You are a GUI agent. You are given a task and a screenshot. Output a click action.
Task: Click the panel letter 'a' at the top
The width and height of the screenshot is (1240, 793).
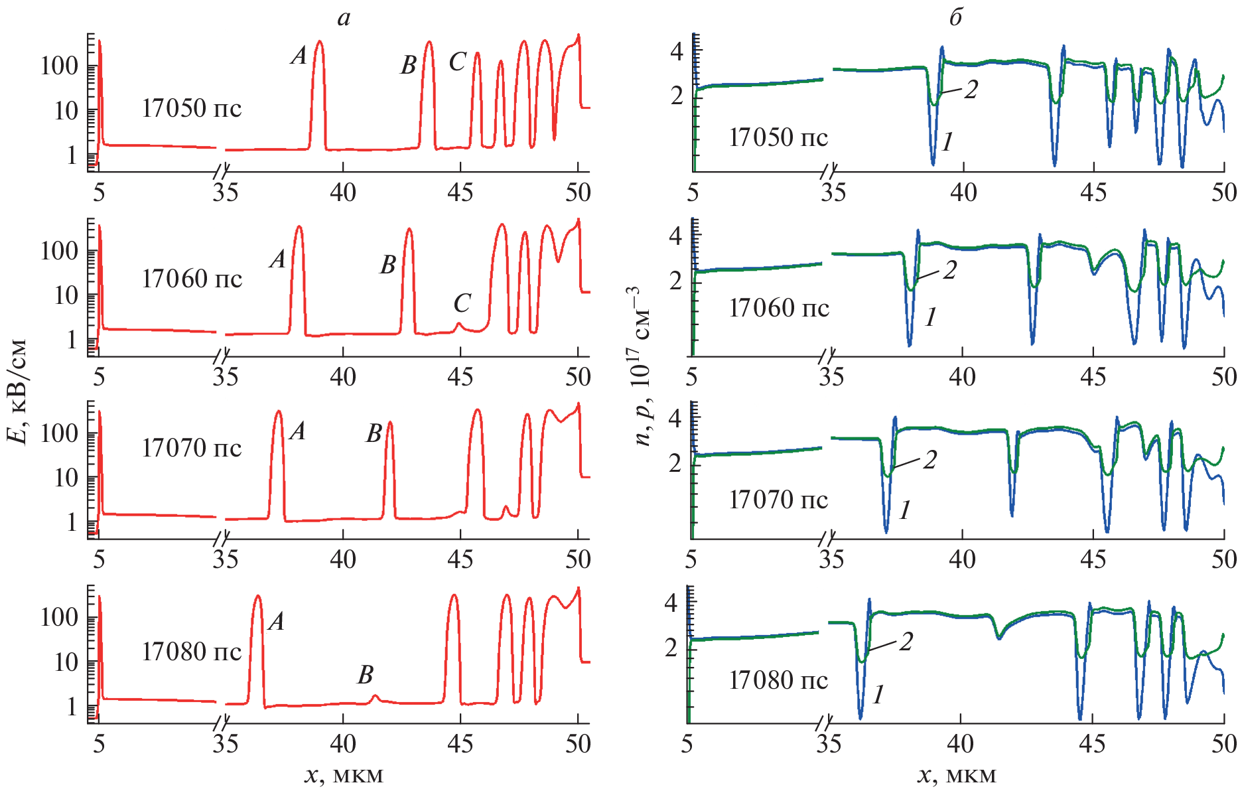(x=343, y=19)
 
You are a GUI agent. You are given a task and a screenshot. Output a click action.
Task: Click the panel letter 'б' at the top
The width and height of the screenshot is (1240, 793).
(x=955, y=17)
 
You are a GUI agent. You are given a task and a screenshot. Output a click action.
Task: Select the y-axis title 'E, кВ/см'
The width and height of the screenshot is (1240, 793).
(x=18, y=392)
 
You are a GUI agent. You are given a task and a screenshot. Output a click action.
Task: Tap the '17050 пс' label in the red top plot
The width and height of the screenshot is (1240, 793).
(x=192, y=108)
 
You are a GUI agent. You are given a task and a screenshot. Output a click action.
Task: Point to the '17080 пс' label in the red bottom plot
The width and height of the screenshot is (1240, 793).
(x=192, y=652)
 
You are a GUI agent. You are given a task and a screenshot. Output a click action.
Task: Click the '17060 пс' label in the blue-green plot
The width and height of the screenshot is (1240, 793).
(x=778, y=308)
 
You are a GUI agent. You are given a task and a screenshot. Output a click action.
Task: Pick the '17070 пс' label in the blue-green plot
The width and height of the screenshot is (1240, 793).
(x=778, y=499)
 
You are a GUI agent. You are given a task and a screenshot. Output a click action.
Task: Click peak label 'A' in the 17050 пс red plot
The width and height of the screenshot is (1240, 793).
(x=299, y=56)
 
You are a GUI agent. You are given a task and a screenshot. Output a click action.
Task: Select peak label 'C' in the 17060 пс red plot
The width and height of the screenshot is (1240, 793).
(x=462, y=303)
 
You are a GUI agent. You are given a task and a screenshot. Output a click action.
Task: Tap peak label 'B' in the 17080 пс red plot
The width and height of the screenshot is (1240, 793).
(x=366, y=675)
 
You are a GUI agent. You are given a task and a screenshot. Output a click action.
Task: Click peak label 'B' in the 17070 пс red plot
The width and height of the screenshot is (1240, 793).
(x=374, y=434)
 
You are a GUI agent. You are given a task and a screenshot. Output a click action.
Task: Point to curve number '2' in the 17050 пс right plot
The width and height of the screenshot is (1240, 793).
(x=971, y=90)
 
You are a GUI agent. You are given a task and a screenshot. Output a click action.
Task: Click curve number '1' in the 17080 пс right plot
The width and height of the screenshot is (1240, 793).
(x=878, y=694)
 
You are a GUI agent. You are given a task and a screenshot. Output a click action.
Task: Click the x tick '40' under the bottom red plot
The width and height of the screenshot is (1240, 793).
(x=343, y=744)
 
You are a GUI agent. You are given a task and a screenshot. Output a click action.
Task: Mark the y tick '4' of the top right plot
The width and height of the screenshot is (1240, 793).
(x=676, y=51)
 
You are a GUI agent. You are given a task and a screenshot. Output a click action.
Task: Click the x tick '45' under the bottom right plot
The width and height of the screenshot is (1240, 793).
(x=1091, y=744)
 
